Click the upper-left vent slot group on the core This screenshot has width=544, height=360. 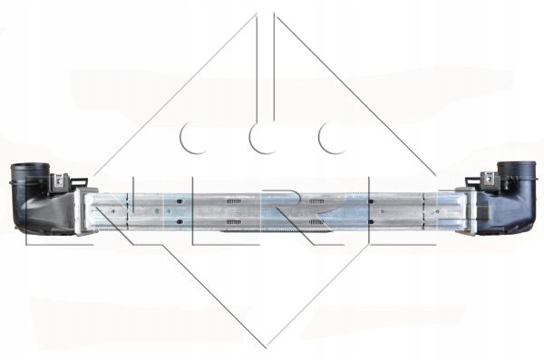pyautogui.click(x=233, y=201)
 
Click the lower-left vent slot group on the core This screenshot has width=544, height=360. pyautogui.click(x=233, y=222)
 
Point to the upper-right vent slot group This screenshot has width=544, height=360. pyautogui.click(x=316, y=201)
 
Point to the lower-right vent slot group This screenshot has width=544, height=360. pyautogui.click(x=316, y=222)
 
